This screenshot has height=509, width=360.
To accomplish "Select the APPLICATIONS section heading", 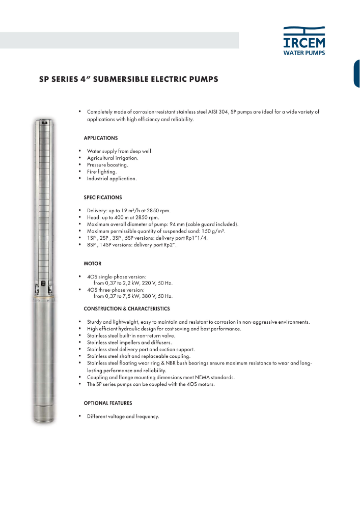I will tap(101, 138).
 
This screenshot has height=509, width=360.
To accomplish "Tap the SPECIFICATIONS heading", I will tap(103, 197).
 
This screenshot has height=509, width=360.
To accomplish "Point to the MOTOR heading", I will tap(92, 264).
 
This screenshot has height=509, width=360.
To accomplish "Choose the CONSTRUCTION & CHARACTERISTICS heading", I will tap(127, 308).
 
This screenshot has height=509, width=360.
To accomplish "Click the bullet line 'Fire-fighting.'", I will tap(102, 172).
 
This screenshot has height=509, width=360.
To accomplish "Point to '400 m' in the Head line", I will tap(125, 217).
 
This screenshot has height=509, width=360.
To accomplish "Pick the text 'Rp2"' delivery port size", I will tap(170, 244).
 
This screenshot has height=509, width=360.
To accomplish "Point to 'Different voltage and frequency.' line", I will tap(123, 416).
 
